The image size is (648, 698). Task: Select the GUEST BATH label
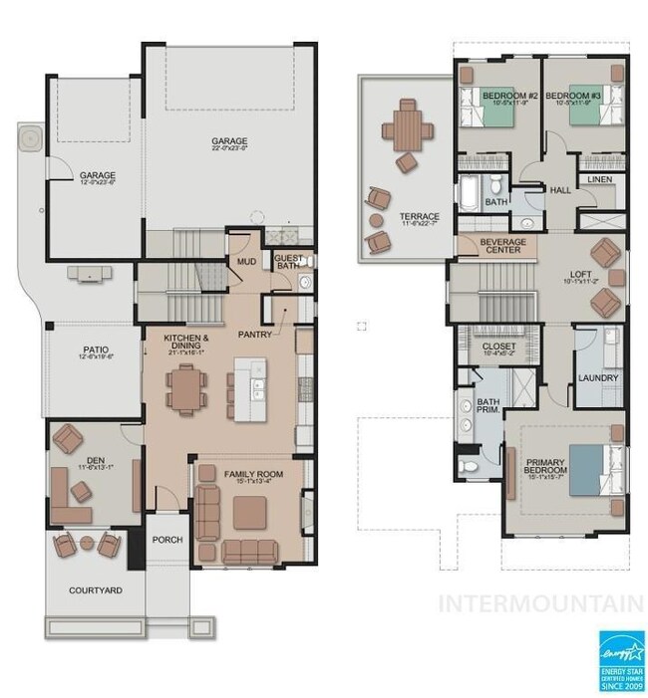(x=288, y=261)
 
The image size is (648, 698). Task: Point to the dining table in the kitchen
(x=182, y=387)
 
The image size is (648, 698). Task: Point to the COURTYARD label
(x=96, y=590)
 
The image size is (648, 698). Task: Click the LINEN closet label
(x=598, y=179)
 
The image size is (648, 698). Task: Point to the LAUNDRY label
(x=598, y=378)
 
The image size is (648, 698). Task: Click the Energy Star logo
(x=620, y=658)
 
